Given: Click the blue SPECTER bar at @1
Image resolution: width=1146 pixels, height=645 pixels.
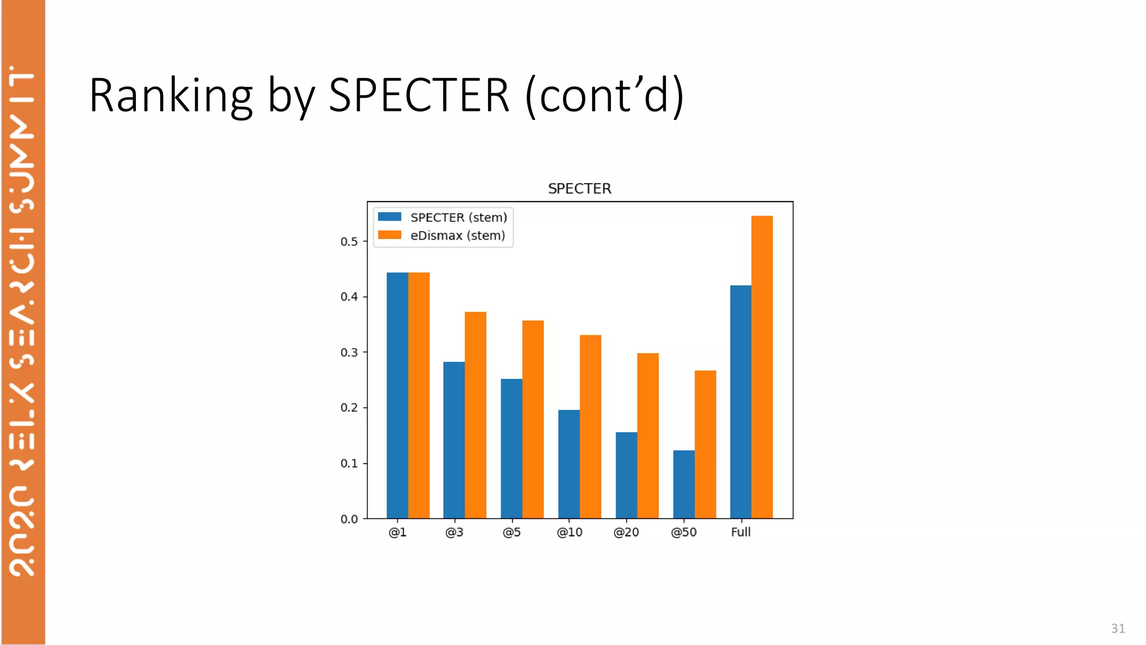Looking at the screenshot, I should tap(397, 395).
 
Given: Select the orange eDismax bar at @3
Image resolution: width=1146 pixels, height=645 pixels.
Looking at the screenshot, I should tap(475, 415).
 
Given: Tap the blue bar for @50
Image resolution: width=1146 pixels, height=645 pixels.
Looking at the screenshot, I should tap(683, 484).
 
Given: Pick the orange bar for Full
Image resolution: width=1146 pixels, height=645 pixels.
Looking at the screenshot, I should tap(762, 367).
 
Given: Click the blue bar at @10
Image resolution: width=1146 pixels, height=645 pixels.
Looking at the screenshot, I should tap(569, 464).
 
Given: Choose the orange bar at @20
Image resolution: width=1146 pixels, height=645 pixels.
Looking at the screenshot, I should tap(647, 436).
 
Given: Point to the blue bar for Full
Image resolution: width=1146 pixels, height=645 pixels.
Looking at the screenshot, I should tap(740, 401).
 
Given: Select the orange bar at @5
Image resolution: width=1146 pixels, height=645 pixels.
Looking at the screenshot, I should tap(533, 419).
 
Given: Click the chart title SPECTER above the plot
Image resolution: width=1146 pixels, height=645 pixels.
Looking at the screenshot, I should tap(579, 189).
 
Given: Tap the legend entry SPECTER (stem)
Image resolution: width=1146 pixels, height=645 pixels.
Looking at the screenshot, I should tap(458, 217).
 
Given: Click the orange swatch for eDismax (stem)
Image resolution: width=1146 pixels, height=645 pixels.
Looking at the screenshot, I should tap(389, 235).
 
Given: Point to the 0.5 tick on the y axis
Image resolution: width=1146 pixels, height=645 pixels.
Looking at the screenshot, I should tap(349, 241).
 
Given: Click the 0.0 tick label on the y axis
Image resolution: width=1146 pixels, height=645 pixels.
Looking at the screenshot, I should tap(349, 519).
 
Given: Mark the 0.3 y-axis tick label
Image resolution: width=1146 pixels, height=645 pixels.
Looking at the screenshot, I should tap(349, 352).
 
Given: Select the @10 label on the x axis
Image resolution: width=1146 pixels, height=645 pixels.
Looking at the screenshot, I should tap(569, 532).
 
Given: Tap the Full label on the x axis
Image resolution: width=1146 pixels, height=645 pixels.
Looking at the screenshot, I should tap(740, 532).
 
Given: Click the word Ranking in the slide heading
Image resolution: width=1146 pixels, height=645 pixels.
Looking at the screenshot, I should tap(171, 96).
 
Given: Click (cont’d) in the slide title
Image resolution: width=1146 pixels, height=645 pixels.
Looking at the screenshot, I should tap(604, 96).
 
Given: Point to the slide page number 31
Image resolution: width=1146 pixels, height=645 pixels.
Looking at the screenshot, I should tap(1117, 628).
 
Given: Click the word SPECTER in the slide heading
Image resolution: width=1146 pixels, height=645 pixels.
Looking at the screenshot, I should tap(419, 96).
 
